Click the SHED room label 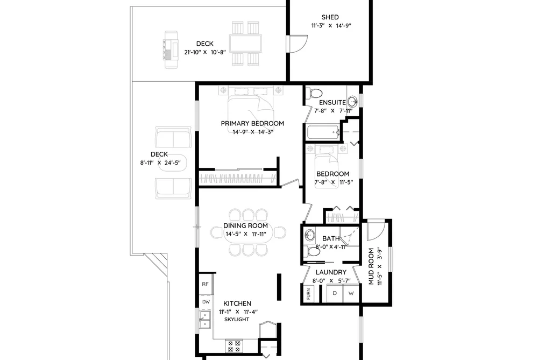coord(330,17)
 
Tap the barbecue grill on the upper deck coord(171,50)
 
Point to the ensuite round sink coord(352,102)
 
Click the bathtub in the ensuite coord(323,133)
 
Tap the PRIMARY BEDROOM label coord(252,123)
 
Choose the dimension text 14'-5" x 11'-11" coord(246,234)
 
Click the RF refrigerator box coord(206,284)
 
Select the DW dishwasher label coord(206,302)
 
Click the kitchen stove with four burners coord(234,346)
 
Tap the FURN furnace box coord(308,294)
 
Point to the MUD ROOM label coord(371,266)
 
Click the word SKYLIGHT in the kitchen coord(237,319)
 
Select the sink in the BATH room coord(309,235)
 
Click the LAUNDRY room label coord(331,272)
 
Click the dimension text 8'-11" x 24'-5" coord(160,163)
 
